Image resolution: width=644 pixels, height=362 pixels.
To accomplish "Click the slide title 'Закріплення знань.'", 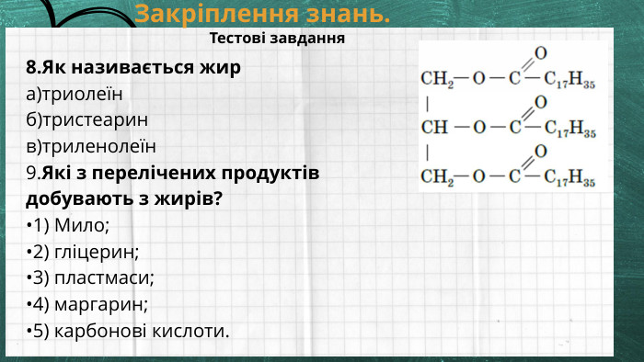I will pyautogui.click(x=262, y=14).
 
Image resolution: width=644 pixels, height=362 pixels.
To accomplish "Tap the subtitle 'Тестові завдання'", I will pyautogui.click(x=277, y=39).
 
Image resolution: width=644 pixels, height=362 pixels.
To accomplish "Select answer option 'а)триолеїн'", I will pyautogui.click(x=75, y=94).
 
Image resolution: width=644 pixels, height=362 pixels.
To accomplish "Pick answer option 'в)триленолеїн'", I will pyautogui.click(x=91, y=146).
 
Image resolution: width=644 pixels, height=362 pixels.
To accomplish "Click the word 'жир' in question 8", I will pyautogui.click(x=224, y=67).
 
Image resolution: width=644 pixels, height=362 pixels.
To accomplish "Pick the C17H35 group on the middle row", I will pyautogui.click(x=569, y=128).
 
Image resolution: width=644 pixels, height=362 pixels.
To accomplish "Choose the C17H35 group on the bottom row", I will pyautogui.click(x=569, y=175).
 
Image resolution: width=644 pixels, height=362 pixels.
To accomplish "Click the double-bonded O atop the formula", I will pyautogui.click(x=540, y=52).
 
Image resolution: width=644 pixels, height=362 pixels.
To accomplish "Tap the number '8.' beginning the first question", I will pyautogui.click(x=34, y=67).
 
